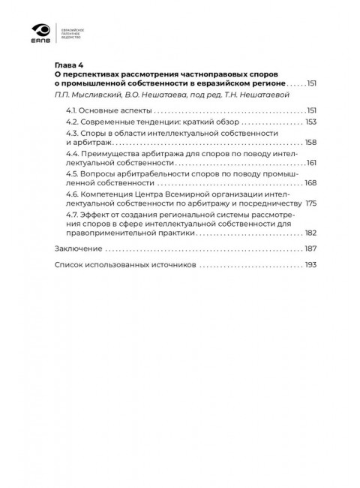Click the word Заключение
(x=78, y=249)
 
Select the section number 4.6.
(x=72, y=193)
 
